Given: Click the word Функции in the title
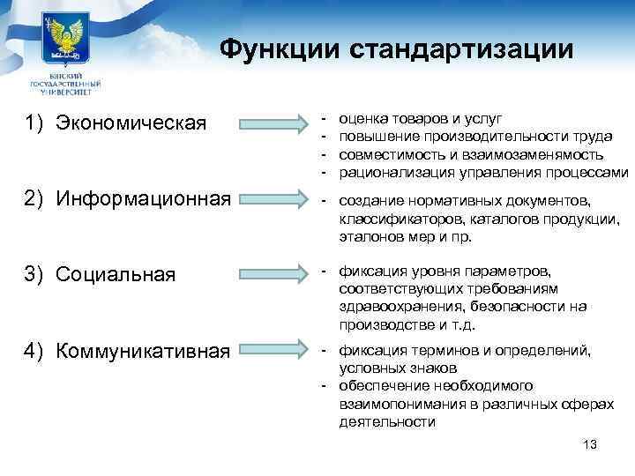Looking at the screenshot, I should click(x=280, y=48).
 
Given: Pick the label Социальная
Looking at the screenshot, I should click(x=115, y=274).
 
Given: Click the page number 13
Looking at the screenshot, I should click(x=590, y=444).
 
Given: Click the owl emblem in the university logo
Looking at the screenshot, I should click(x=63, y=36).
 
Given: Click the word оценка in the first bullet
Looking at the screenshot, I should click(x=363, y=116).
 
